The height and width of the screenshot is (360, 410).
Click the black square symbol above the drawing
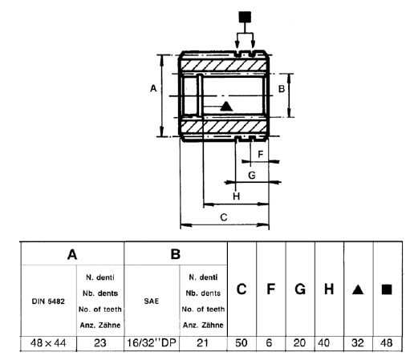246,15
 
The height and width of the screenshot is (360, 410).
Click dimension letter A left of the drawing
152,89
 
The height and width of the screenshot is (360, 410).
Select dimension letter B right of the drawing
282,88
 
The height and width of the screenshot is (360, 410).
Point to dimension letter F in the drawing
261,152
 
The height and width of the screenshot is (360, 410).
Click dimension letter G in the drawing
251,174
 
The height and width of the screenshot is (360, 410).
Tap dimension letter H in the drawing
236,195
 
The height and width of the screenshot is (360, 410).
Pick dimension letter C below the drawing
224,217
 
